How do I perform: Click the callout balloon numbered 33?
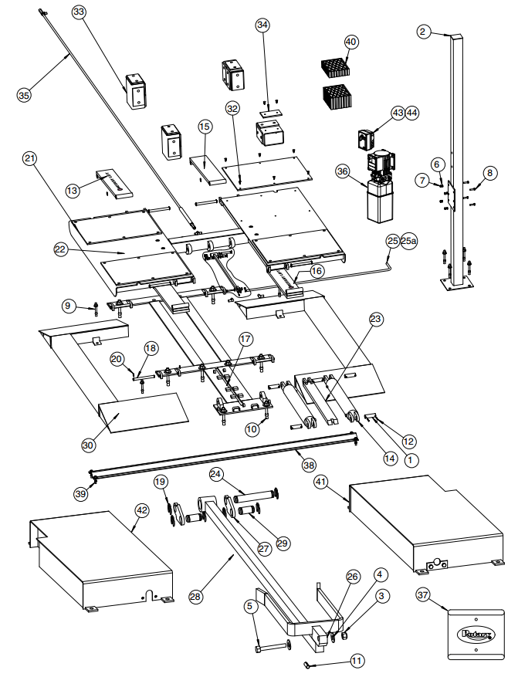click(x=80, y=12)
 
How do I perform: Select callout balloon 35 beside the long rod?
click(x=24, y=95)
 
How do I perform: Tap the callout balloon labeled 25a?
click(x=408, y=241)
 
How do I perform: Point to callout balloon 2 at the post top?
click(x=422, y=32)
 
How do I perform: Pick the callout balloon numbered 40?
click(x=351, y=42)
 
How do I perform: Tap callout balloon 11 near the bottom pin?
click(x=357, y=661)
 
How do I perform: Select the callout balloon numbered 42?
click(x=141, y=509)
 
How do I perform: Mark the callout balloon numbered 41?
click(x=320, y=481)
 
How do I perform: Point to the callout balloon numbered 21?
click(x=30, y=159)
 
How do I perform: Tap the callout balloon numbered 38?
click(x=309, y=465)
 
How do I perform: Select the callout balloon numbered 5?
click(x=249, y=607)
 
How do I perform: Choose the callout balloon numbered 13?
click(x=72, y=190)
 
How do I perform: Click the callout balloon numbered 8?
click(x=488, y=171)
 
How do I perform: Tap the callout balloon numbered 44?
click(x=412, y=113)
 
